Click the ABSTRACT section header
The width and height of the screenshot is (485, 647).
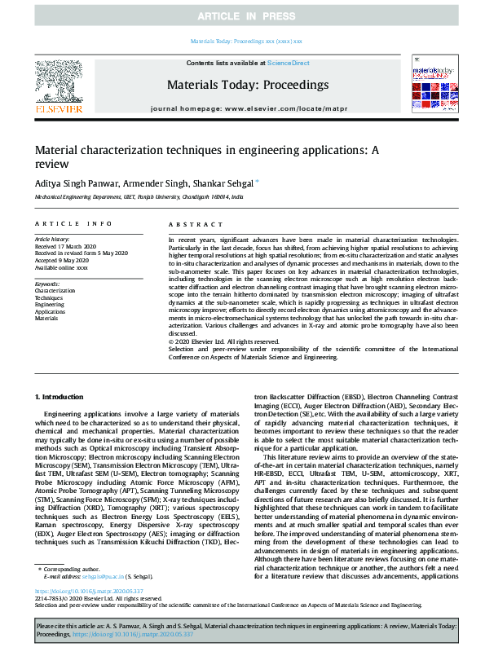tap(190, 223)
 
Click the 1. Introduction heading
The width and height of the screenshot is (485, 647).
tap(62, 396)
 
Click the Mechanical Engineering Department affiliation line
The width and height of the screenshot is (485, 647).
tap(139, 197)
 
